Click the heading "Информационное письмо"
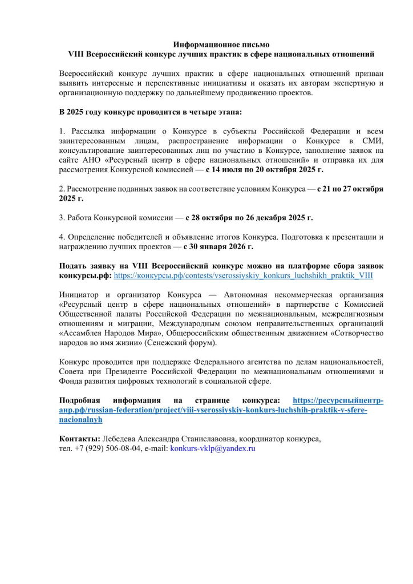click(x=221, y=44)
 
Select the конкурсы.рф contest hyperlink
click(x=244, y=274)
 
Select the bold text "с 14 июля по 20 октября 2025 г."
click(x=265, y=169)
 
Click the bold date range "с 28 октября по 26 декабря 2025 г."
click(x=249, y=217)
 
